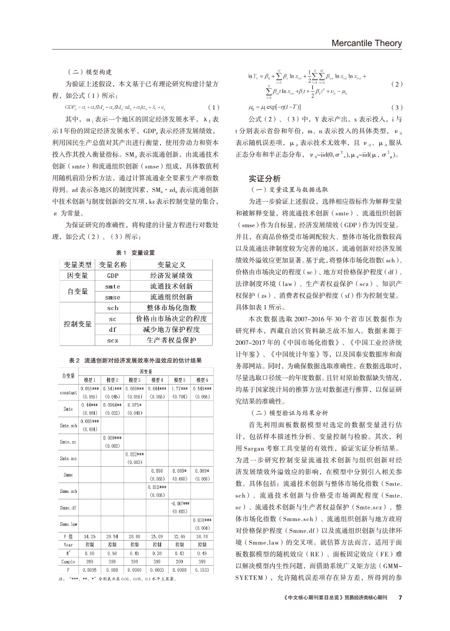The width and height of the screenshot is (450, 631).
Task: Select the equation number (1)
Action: (x=214, y=107)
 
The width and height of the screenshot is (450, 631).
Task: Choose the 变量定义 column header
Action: (x=171, y=264)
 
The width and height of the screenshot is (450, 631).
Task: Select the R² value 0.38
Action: (x=157, y=553)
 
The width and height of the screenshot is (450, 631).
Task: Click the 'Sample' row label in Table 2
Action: (x=67, y=562)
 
